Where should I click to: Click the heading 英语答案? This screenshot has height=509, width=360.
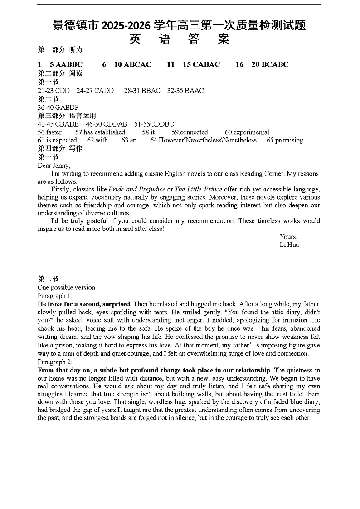(x=179, y=39)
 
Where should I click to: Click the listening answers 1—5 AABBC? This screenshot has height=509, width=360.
(x=60, y=64)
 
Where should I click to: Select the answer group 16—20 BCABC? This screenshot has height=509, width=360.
(x=262, y=64)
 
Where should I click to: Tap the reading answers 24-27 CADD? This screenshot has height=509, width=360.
(x=95, y=91)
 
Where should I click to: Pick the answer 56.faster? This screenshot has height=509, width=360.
(x=50, y=132)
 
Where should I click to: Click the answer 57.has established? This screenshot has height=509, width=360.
(x=100, y=132)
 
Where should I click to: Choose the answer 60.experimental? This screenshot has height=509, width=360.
(x=247, y=132)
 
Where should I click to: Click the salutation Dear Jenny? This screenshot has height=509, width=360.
(x=54, y=166)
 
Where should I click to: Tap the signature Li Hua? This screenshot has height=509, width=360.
(x=289, y=245)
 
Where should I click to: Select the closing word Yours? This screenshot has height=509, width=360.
(x=288, y=237)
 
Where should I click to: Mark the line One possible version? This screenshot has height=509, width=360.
(x=66, y=288)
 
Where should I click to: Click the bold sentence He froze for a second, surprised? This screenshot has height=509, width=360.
(x=85, y=304)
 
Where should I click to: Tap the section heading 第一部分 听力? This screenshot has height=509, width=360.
(x=60, y=49)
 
